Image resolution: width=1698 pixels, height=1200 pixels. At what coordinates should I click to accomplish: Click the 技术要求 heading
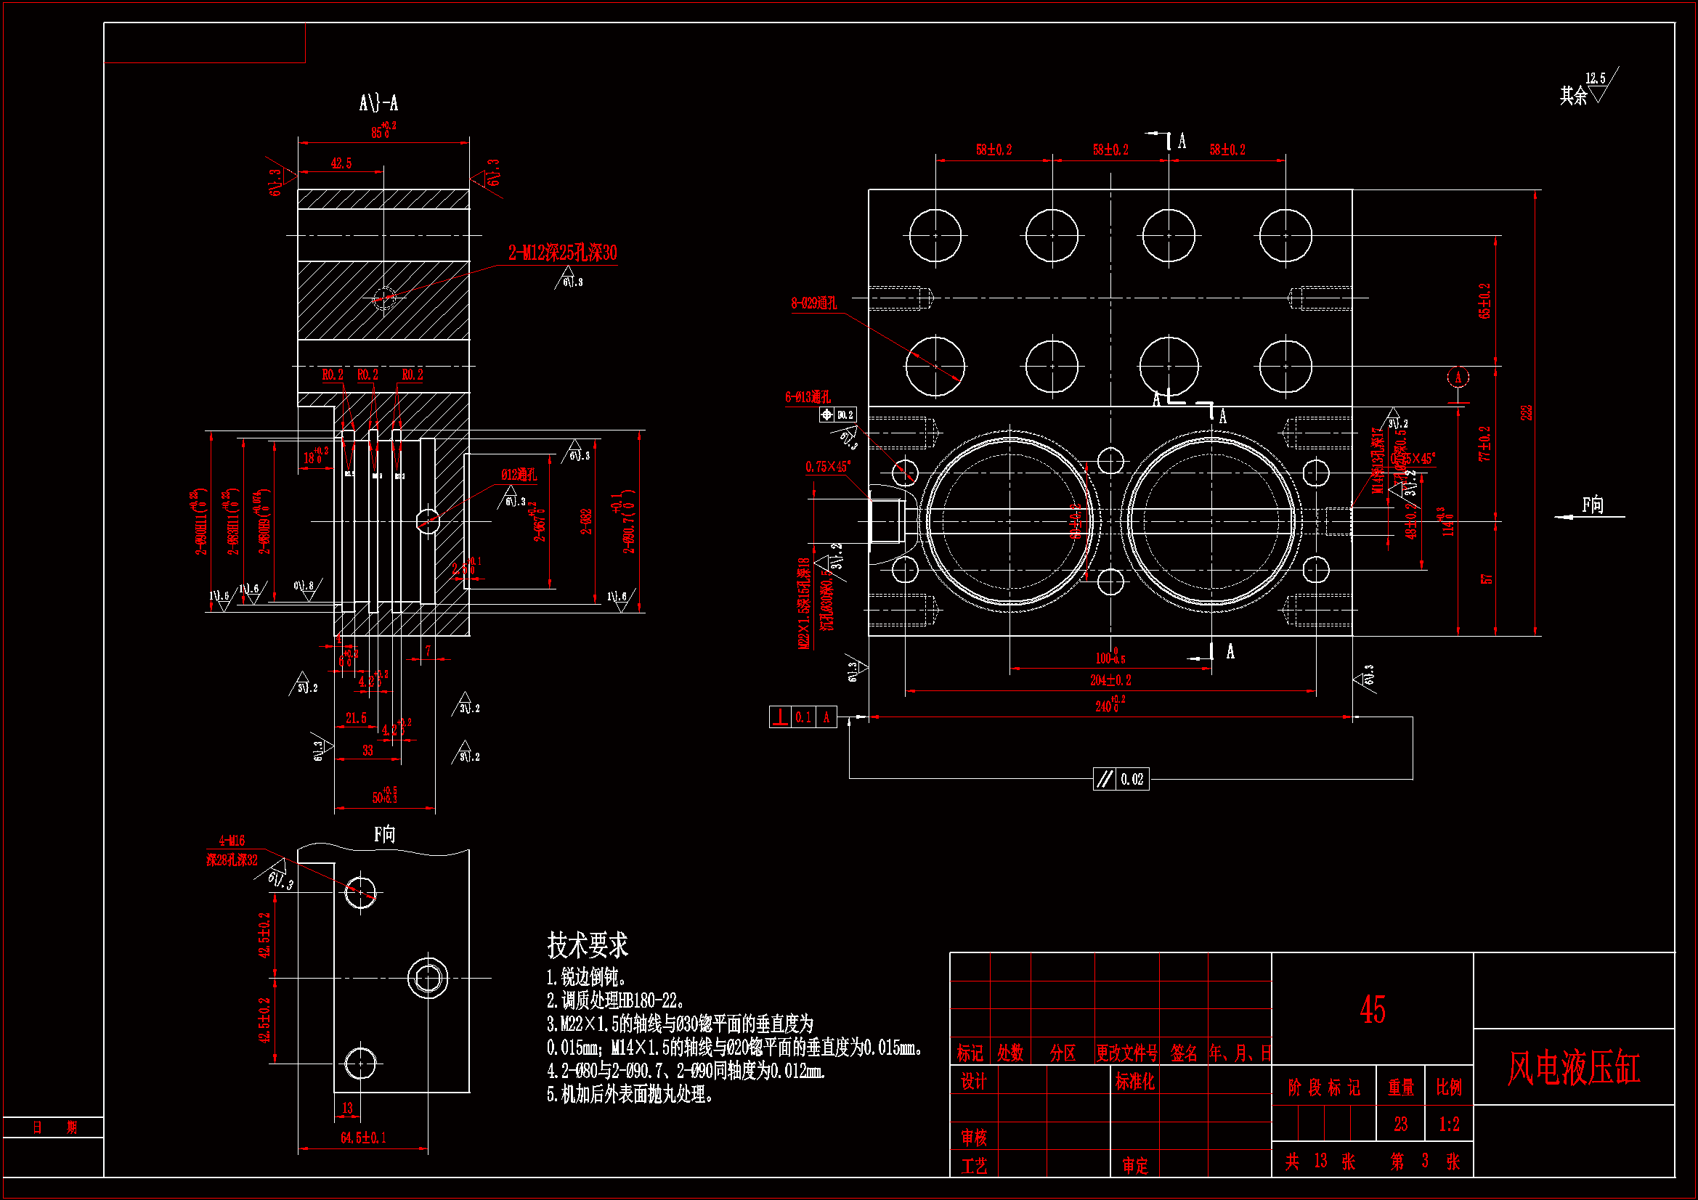click(588, 945)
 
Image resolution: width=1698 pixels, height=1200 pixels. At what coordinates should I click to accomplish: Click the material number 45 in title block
click(1373, 1010)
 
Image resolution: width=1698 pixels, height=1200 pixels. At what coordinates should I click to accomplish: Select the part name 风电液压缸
click(1574, 1069)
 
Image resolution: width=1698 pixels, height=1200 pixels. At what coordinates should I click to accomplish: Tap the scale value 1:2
click(1450, 1125)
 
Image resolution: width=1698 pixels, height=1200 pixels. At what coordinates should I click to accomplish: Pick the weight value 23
click(1401, 1125)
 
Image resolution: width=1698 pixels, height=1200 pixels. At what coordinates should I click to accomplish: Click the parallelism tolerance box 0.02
click(1122, 779)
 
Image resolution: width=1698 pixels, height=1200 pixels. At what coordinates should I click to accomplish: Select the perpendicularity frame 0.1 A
click(803, 717)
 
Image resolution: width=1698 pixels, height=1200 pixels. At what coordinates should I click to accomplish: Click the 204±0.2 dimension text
click(1110, 680)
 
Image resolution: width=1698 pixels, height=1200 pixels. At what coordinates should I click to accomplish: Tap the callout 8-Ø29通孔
click(814, 303)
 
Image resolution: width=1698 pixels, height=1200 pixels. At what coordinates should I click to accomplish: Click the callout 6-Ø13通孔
click(808, 397)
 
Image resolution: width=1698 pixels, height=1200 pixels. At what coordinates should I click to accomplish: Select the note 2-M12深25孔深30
click(562, 253)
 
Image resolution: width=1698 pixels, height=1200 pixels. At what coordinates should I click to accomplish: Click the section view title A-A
click(378, 103)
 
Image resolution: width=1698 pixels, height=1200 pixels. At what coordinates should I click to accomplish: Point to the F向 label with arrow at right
click(1592, 506)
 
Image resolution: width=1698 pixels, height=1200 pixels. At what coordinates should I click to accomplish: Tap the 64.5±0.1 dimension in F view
click(363, 1138)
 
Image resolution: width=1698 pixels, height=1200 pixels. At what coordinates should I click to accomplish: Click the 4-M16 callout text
click(232, 841)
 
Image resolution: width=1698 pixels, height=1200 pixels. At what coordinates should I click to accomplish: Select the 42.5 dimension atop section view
click(341, 163)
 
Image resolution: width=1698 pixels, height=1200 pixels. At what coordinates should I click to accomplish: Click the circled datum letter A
click(1458, 377)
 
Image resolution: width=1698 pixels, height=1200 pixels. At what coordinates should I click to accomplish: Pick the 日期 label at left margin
click(54, 1127)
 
